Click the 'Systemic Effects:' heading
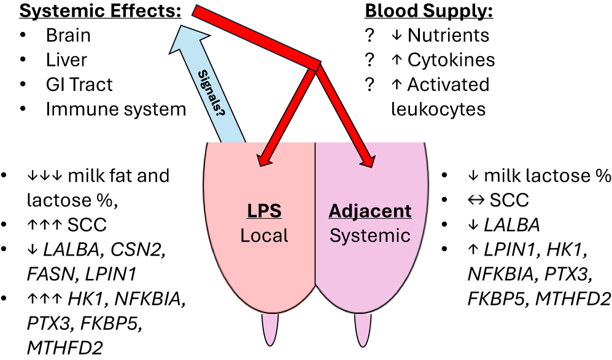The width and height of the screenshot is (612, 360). tap(91, 12)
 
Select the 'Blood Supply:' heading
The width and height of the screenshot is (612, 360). tap(429, 12)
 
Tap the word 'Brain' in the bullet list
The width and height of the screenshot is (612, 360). tap(68, 35)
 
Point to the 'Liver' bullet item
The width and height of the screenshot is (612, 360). tap(66, 60)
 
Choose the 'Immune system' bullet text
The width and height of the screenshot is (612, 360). tap(116, 109)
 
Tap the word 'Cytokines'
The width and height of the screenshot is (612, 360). tap(451, 60)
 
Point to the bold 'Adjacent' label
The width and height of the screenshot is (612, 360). tap(370, 211)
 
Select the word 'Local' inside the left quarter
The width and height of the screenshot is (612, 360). tap(264, 235)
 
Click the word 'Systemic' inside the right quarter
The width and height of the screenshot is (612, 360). tap(370, 235)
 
